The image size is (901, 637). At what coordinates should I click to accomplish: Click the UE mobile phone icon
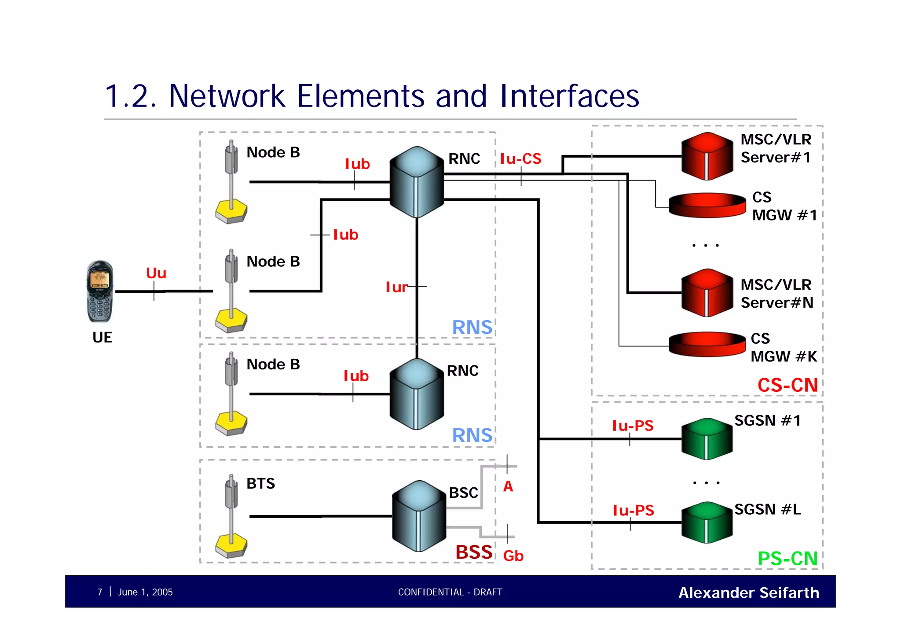click(100, 291)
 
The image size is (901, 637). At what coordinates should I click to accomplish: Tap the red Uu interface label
click(156, 273)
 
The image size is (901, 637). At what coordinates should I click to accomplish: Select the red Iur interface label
click(396, 287)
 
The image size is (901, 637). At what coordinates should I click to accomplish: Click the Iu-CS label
click(520, 158)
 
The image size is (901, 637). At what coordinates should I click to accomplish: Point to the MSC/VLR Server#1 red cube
click(707, 156)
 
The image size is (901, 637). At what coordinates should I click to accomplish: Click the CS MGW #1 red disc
click(707, 205)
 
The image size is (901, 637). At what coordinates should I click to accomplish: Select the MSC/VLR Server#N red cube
click(707, 293)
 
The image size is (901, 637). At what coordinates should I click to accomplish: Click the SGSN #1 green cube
click(707, 439)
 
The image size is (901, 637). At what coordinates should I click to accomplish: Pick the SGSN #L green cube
click(707, 522)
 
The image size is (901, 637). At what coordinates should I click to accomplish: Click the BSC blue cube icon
click(418, 516)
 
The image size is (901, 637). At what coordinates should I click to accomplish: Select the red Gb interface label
click(513, 556)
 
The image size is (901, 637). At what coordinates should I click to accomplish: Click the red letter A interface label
click(508, 486)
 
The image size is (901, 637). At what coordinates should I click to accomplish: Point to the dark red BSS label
click(474, 552)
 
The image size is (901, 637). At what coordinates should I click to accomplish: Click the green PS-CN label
click(787, 559)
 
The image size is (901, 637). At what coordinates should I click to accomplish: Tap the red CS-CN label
click(787, 385)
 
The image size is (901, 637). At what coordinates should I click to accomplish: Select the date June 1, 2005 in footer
click(145, 592)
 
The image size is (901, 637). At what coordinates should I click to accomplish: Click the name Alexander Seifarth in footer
click(748, 593)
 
